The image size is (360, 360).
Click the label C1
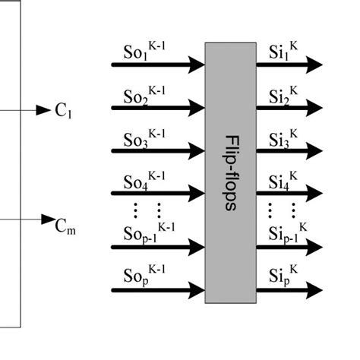tap(63, 112)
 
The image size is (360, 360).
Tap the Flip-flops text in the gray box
tap(231, 172)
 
